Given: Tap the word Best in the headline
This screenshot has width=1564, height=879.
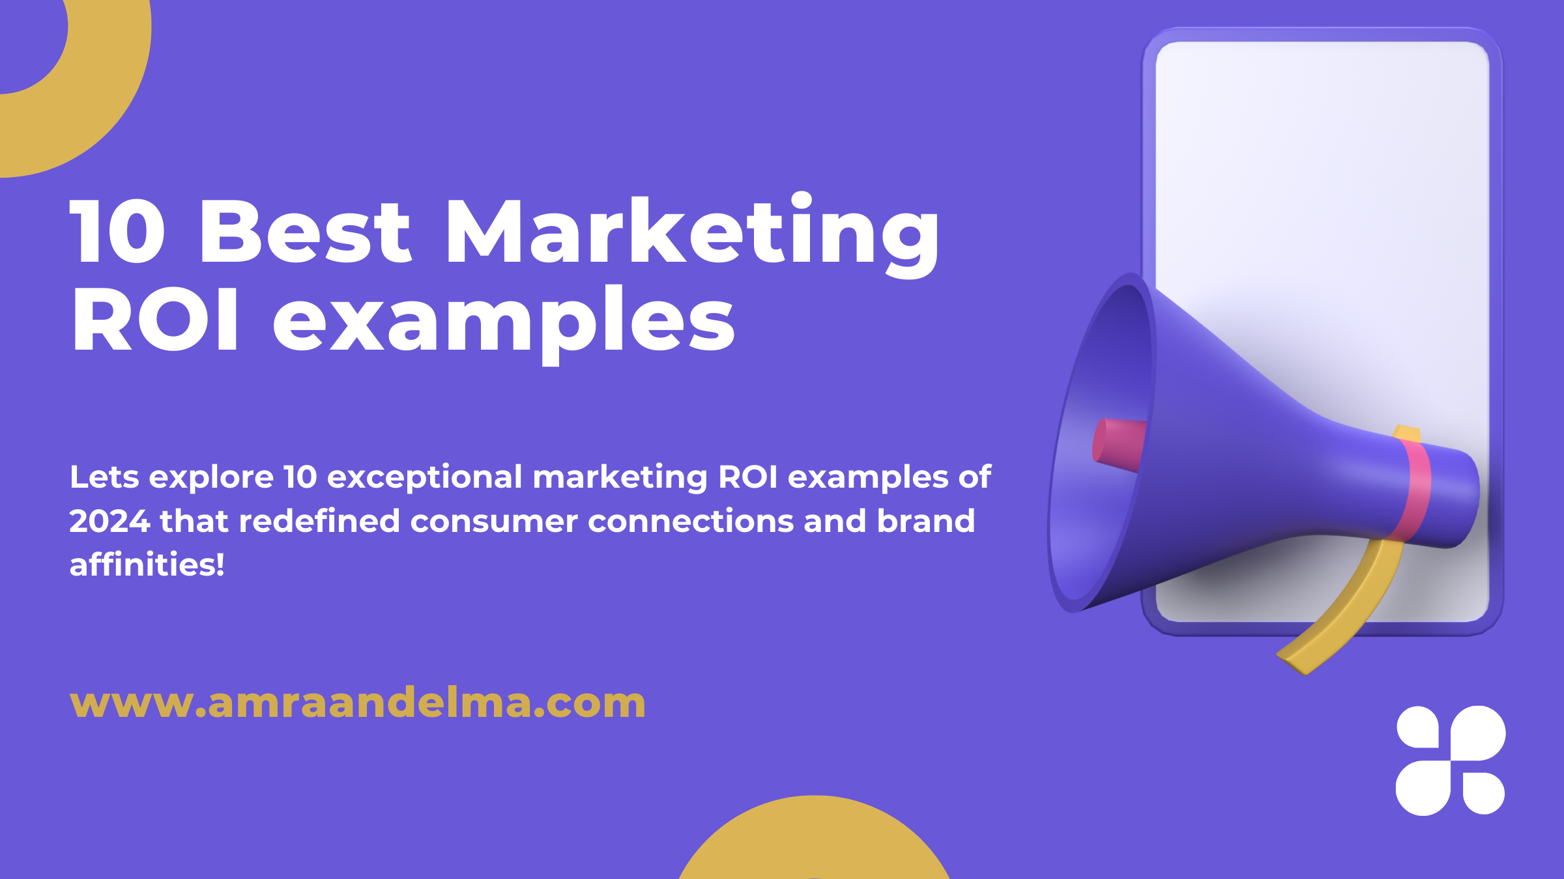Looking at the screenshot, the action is coord(306,232).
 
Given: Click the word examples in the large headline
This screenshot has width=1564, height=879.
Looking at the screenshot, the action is coord(504,324).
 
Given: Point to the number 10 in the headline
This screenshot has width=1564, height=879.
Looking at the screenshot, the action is coord(117,232).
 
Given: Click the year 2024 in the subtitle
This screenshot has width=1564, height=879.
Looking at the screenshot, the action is coord(109,521).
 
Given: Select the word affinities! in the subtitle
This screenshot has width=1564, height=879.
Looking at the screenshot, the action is coord(147,564).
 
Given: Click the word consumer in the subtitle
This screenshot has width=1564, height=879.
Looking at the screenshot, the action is coord(494,522).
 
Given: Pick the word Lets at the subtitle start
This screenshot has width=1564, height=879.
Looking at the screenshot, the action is coord(104,477).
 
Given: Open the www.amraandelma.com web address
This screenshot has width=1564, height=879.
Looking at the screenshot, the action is coord(358,703).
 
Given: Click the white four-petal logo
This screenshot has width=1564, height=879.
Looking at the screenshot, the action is coord(1451,760).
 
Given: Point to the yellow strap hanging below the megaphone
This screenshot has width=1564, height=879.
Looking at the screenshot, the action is coord(1349,606).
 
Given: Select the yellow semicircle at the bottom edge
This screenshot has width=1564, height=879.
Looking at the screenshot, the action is coord(814,840).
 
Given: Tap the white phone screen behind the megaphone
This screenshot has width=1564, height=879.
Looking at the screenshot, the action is coord(1323,163).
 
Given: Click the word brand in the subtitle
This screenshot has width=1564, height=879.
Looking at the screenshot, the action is coord(926,521).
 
